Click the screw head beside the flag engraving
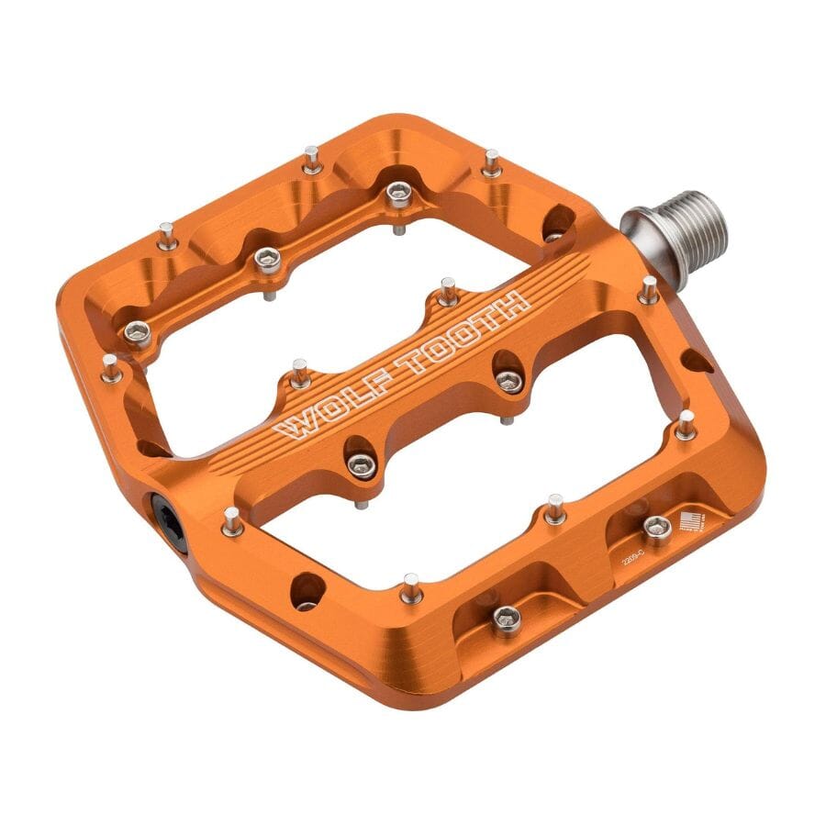[657, 527]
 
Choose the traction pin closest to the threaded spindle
[649, 290]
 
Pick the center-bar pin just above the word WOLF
[300, 372]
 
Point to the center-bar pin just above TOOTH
[447, 291]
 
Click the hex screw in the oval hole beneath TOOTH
[509, 379]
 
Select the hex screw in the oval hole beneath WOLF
[361, 466]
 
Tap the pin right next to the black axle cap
[233, 520]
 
